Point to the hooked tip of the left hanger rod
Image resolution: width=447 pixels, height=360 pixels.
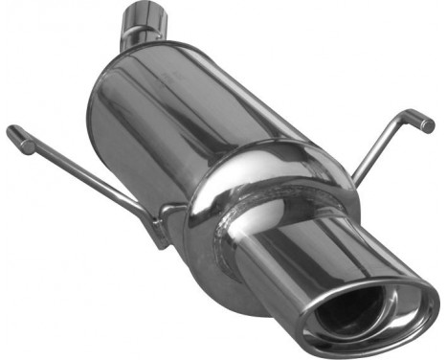coord(16,135)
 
